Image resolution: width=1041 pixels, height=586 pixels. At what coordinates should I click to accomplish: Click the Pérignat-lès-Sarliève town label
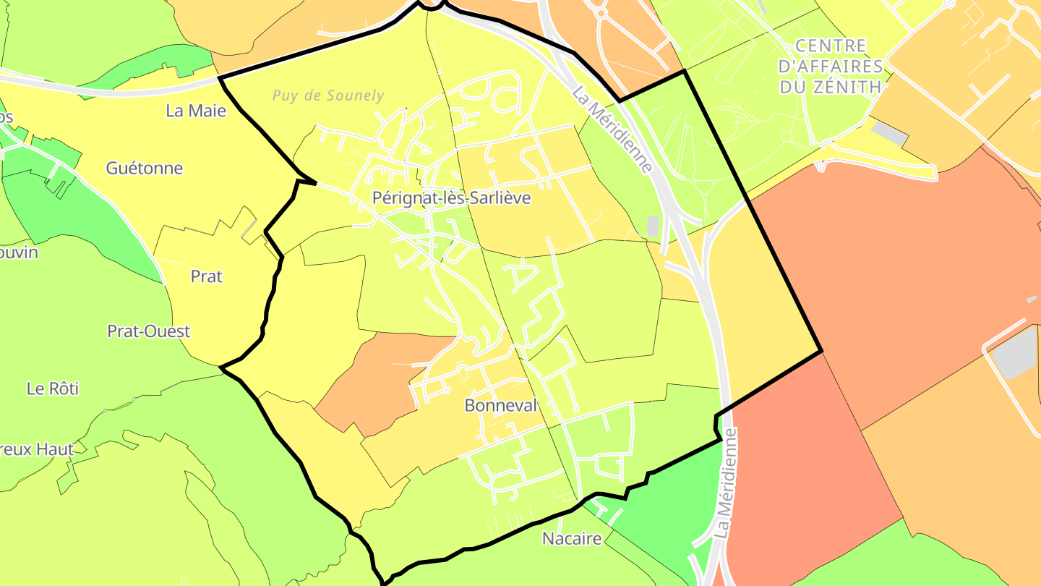[x=451, y=198]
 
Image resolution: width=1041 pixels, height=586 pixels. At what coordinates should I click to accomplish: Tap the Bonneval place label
[x=501, y=406]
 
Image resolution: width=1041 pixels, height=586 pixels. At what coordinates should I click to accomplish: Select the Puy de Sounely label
[x=328, y=95]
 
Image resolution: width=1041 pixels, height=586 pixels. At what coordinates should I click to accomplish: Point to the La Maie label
[x=196, y=111]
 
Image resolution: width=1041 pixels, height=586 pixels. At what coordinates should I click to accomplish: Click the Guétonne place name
[x=144, y=169]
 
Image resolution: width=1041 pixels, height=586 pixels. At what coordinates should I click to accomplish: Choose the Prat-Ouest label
[x=148, y=331]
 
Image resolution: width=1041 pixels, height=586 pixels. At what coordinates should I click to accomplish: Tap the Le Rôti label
[x=53, y=388]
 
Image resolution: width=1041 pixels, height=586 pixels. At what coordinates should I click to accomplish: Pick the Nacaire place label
[x=572, y=539]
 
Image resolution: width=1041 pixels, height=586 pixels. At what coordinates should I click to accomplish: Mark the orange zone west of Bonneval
[x=376, y=383]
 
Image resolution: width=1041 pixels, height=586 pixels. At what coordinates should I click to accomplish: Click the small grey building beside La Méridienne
[x=654, y=226]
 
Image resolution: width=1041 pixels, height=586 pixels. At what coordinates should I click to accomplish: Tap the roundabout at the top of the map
[x=599, y=12]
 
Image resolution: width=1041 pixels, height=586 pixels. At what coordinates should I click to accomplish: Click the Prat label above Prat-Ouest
[x=206, y=276]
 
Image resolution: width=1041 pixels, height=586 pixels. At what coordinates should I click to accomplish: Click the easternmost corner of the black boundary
[x=821, y=352]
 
